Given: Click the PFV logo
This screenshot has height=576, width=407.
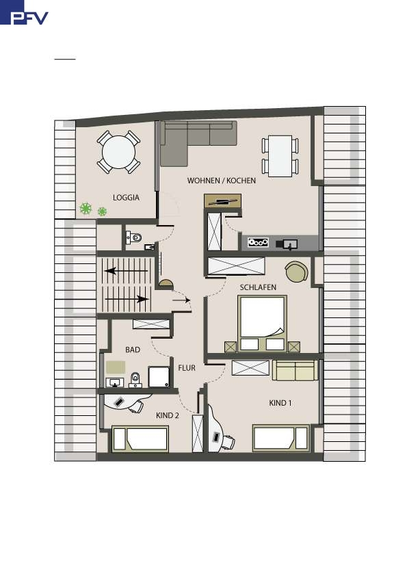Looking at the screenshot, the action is pos(24,12).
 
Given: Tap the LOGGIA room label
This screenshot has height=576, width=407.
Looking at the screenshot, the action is pos(126,198).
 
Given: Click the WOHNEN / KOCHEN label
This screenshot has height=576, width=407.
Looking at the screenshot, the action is pos(221,181).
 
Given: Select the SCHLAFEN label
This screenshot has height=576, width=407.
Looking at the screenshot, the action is pos(258,287).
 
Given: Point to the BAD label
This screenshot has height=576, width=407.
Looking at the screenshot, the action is pos(133,350).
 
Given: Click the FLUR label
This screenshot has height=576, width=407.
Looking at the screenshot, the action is pos(187,368).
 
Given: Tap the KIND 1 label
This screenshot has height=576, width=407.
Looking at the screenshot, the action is pos(280,403).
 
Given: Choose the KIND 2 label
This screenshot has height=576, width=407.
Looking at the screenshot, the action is pos(168,415).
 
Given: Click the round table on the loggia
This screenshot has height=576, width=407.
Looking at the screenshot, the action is pos(118,152).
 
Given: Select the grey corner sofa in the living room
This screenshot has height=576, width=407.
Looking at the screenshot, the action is pos(191,140).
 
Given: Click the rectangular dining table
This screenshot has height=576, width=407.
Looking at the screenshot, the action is pos(280,156).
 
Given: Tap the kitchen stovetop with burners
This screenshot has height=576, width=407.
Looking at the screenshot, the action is pos(258,242).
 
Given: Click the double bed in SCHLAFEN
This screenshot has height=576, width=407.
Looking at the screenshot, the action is pos(262,323).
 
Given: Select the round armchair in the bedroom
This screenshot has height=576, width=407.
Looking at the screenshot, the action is pos(296,272).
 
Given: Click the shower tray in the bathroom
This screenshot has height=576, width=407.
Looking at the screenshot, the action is pos(159,376).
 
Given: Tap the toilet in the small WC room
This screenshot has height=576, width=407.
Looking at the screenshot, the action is pos(134,237).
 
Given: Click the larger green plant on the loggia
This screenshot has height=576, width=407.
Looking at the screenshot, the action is pos(86,209).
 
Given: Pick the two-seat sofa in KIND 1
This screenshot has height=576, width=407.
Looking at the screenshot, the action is pos(295,370).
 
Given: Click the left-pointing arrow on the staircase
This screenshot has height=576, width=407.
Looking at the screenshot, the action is pos(127,271).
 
